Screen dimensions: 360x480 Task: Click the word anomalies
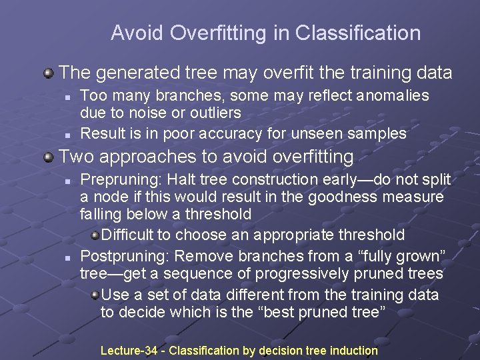point(393,96)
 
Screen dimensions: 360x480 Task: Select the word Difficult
point(134,235)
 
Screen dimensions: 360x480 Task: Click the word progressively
point(281,274)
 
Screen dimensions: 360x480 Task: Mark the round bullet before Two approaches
point(49,157)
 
